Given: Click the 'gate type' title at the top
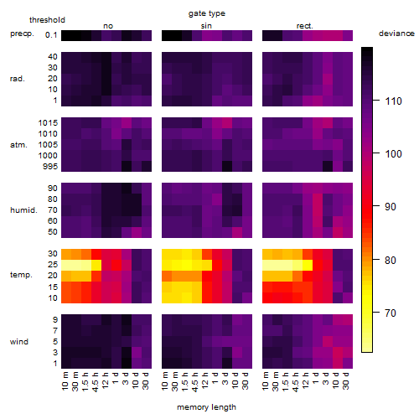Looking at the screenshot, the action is pos(207,13).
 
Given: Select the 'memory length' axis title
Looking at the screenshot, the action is pos(206,407).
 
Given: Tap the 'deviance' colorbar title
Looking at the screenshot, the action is pos(396,34).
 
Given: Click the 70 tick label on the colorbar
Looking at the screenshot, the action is pos(391,313).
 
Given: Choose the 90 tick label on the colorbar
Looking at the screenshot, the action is pos(391,207).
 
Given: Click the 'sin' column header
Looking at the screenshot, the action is pos(206,26).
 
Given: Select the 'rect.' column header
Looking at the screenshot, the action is pos(304,26).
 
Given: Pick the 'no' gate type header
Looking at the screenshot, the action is pos(108,26).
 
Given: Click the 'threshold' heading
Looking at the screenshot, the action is pos(47,20).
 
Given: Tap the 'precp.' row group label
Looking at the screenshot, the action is pos(22,34).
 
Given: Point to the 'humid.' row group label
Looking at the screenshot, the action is pos(23,210).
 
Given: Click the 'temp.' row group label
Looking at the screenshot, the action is pos(21,275).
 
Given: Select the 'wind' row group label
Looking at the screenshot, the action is pos(19,342).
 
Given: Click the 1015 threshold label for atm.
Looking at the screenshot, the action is pos(48,123).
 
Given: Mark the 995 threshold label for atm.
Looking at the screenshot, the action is pos(50,167).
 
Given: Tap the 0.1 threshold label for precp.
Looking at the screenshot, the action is pos(51,35).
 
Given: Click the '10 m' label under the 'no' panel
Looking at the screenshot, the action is pos(65,381).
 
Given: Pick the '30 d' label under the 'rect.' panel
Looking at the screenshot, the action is pos(346,381).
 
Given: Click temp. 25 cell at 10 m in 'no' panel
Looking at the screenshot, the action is pos(66,264).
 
